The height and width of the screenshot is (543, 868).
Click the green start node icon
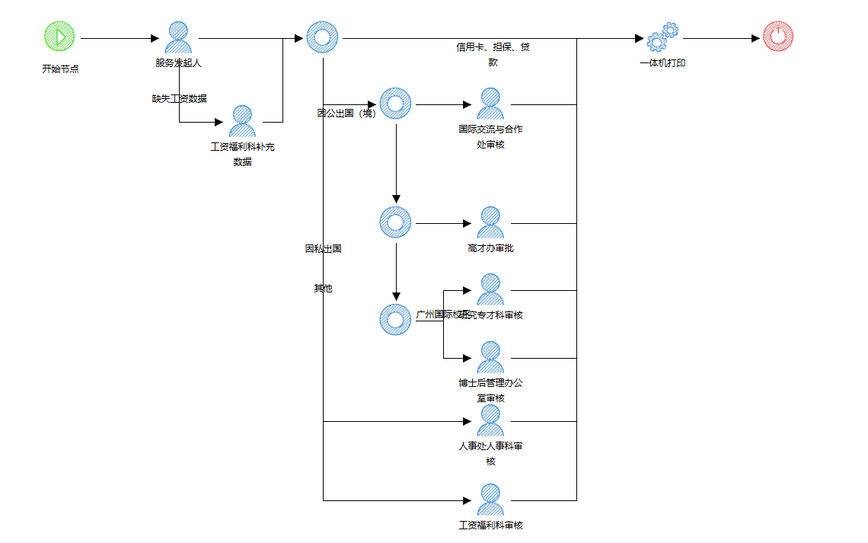point(59,36)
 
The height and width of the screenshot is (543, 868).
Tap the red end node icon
point(777,37)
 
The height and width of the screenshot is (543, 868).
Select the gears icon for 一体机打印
point(662,37)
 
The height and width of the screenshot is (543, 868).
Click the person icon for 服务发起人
point(178,37)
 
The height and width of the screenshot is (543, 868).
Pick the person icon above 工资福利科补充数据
point(242,121)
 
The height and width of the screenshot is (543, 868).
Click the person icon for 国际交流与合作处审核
point(490,104)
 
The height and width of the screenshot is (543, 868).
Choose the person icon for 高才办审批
point(490,222)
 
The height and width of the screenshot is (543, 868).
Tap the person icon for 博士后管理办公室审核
point(490,357)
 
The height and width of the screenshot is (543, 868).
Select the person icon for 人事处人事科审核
point(490,420)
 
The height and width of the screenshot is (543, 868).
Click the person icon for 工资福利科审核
point(490,500)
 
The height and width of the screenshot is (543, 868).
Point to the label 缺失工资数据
point(179,98)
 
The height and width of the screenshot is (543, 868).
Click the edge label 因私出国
point(323,248)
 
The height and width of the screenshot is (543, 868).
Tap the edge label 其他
point(323,289)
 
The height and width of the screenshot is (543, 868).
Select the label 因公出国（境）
point(346,113)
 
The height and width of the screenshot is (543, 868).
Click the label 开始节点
point(60,69)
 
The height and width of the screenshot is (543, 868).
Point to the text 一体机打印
point(662,63)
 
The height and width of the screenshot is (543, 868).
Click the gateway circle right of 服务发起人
point(322,37)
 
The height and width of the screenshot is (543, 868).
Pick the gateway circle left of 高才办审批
point(395,222)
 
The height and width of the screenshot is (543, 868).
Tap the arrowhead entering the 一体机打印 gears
point(640,38)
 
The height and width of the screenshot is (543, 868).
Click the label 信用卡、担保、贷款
point(493,55)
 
